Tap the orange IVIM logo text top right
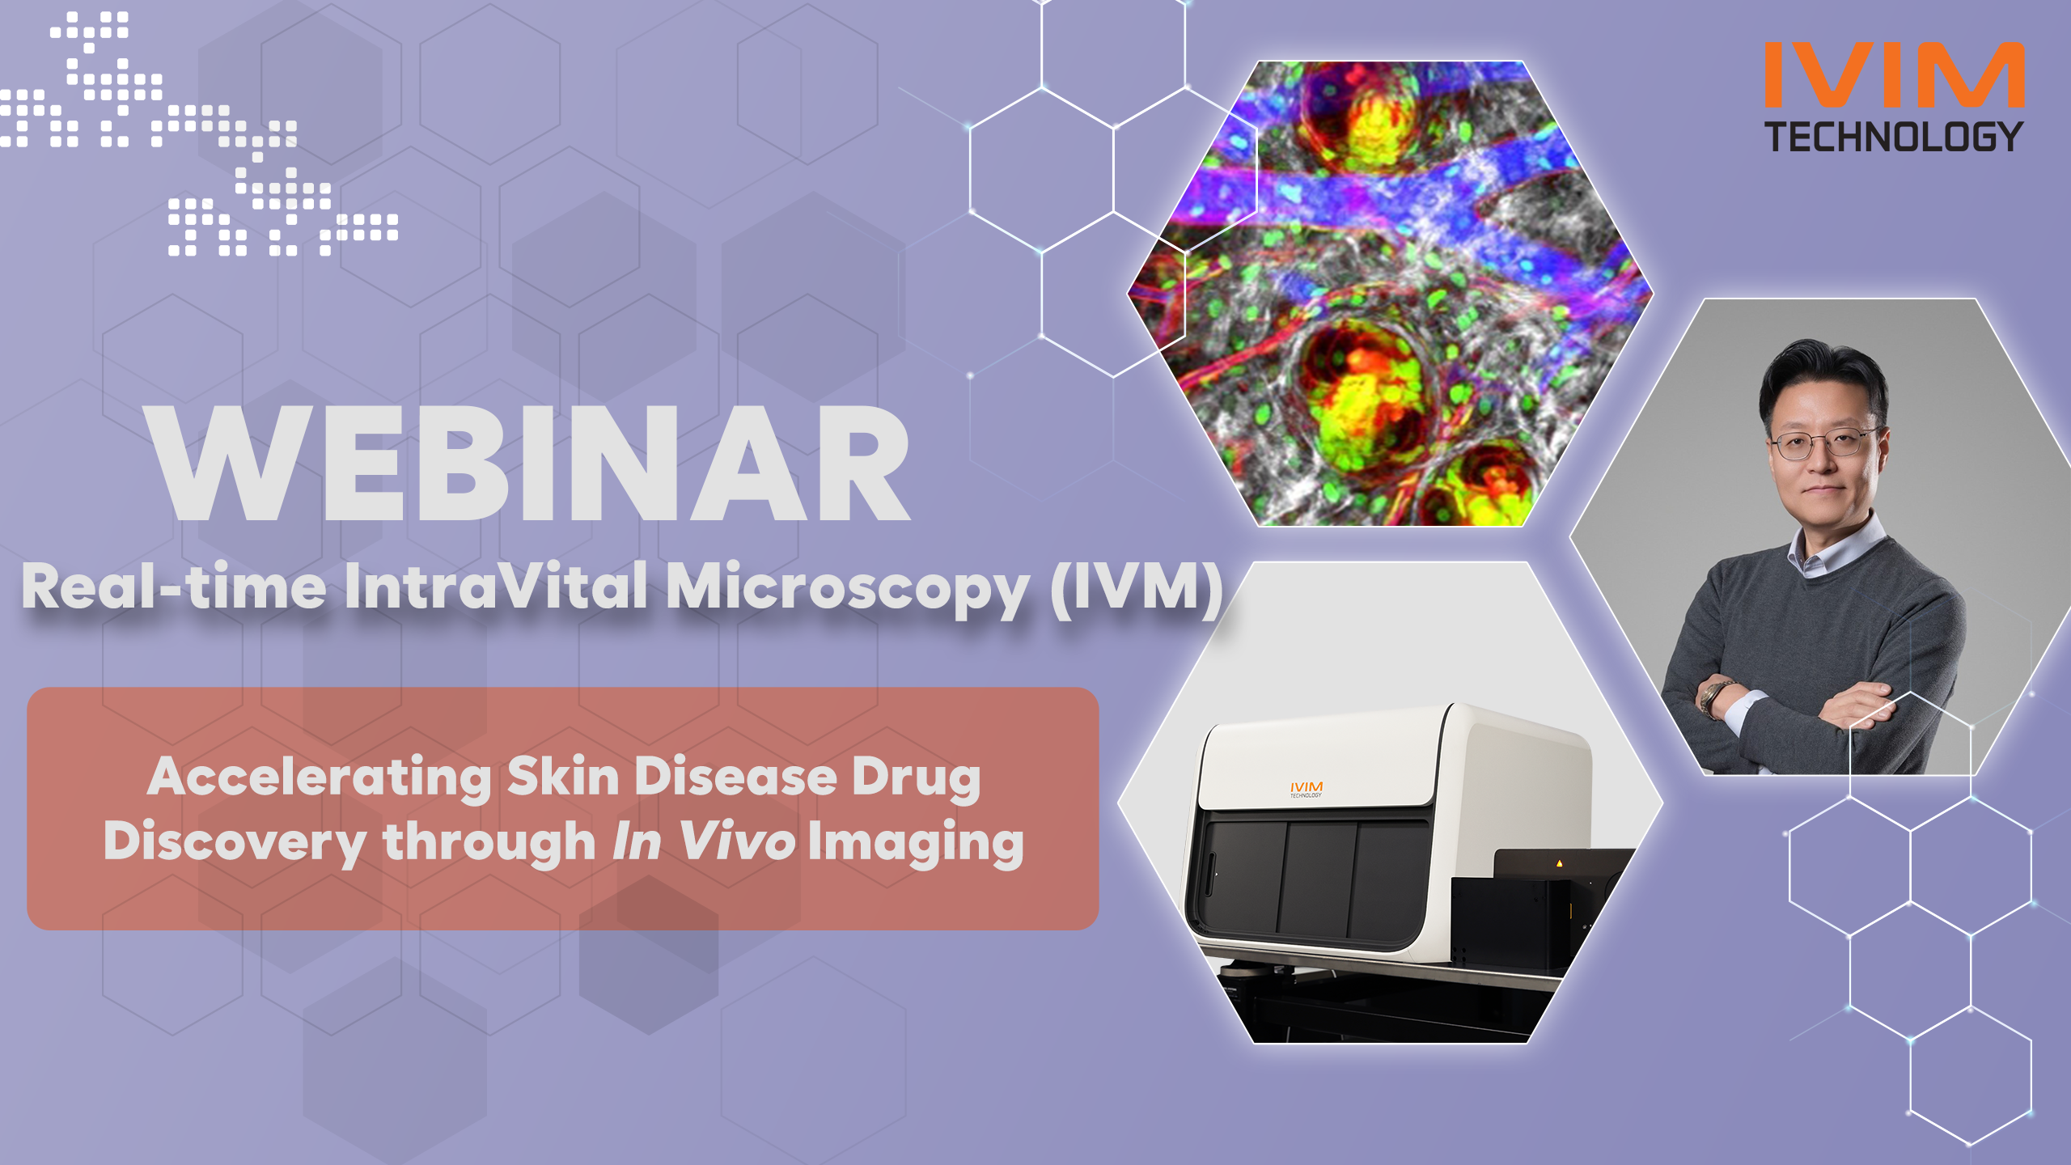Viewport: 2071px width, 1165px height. point(1894,74)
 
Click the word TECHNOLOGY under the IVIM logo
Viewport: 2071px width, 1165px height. point(1894,137)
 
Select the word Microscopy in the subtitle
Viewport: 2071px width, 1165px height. point(848,589)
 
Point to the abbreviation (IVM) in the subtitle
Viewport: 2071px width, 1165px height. point(1137,588)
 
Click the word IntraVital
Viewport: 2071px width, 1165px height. point(496,586)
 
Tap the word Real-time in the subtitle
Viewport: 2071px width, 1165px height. point(174,586)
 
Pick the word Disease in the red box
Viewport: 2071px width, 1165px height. point(735,777)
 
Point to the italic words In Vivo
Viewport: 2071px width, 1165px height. point(703,841)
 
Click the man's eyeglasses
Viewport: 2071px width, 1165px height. point(1824,443)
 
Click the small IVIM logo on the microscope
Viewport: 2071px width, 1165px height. point(1307,789)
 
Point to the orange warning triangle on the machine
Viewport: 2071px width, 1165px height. point(1560,864)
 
